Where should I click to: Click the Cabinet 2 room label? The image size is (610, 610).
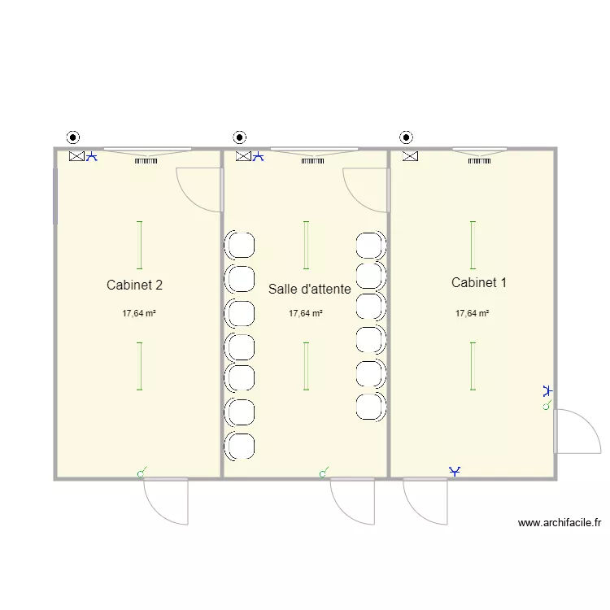pos(134,285)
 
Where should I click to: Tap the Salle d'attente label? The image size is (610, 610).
pos(310,289)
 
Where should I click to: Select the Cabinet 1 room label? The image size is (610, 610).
pos(479,282)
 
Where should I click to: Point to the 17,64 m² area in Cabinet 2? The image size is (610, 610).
pos(139,313)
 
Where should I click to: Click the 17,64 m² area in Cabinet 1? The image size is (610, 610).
pos(473,313)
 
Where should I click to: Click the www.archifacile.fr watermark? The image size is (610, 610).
pos(560,523)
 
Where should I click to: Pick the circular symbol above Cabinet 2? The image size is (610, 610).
pos(73,137)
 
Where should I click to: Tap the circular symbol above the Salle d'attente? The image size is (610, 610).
pos(240,137)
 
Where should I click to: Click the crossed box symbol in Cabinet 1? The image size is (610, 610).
pos(410,156)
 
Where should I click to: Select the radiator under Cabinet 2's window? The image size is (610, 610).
pos(146,161)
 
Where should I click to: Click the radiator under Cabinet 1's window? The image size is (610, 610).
pos(479,161)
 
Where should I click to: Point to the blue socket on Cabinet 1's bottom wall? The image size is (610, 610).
pos(455,472)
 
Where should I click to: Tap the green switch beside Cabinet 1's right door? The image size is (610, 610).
pos(547,405)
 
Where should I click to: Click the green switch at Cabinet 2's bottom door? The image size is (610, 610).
pos(142,473)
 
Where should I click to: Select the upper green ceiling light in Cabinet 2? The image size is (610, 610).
pos(139,245)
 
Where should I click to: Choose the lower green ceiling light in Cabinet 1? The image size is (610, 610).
pos(473,366)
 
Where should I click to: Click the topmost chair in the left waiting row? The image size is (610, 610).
pos(240,245)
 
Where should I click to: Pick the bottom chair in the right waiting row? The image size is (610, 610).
pos(371,407)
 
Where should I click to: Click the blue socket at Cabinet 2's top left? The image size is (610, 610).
pos(91,156)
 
